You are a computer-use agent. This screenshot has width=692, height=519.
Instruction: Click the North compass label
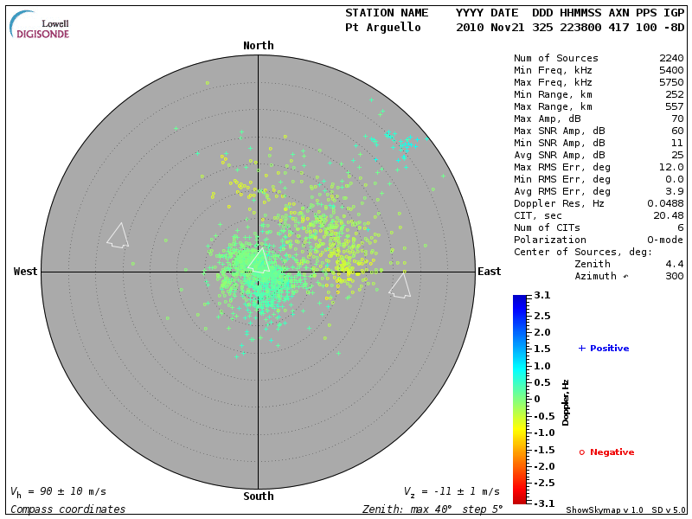click(258, 46)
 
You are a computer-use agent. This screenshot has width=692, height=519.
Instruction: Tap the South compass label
click(258, 497)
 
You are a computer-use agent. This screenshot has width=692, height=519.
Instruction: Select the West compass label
click(25, 272)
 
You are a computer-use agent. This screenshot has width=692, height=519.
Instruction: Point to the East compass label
click(490, 272)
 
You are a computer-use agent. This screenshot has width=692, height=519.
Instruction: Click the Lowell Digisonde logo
click(41, 24)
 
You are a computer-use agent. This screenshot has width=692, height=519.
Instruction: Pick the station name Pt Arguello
click(383, 28)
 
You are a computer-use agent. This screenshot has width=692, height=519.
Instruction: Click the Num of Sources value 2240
click(671, 59)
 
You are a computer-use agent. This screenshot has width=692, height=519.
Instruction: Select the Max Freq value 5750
click(671, 83)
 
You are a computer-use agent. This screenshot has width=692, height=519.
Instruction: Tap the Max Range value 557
click(675, 107)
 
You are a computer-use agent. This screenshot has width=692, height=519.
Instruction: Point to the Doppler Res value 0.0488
click(665, 203)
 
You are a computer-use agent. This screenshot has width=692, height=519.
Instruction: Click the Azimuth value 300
click(675, 276)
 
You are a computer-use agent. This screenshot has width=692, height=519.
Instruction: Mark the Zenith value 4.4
click(675, 264)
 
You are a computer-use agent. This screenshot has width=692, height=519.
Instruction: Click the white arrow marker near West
click(118, 235)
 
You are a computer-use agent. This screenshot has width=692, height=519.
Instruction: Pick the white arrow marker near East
click(400, 285)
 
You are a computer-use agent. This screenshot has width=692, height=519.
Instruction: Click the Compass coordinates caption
click(67, 509)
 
